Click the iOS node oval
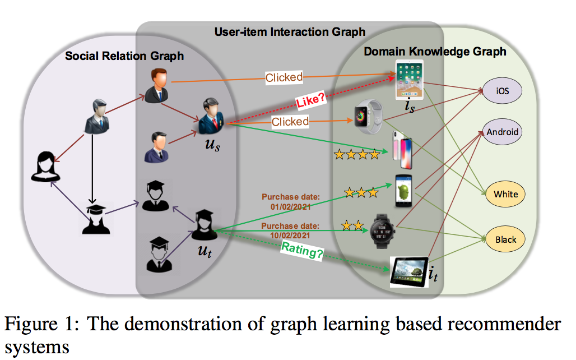tap(502, 90)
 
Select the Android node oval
tap(502, 132)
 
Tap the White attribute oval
tap(505, 194)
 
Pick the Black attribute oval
tap(505, 239)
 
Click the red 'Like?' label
tap(311, 99)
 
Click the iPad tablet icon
tap(409, 80)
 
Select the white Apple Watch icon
tap(368, 117)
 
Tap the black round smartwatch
tap(382, 231)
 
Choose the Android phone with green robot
tap(403, 191)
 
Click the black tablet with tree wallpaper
tap(409, 272)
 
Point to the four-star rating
tap(357, 154)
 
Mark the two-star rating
tap(352, 225)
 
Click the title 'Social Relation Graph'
tap(124, 56)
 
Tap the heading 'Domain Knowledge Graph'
tap(435, 52)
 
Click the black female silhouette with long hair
tap(45, 167)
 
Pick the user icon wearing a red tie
tap(211, 116)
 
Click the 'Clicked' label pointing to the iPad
tap(284, 77)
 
